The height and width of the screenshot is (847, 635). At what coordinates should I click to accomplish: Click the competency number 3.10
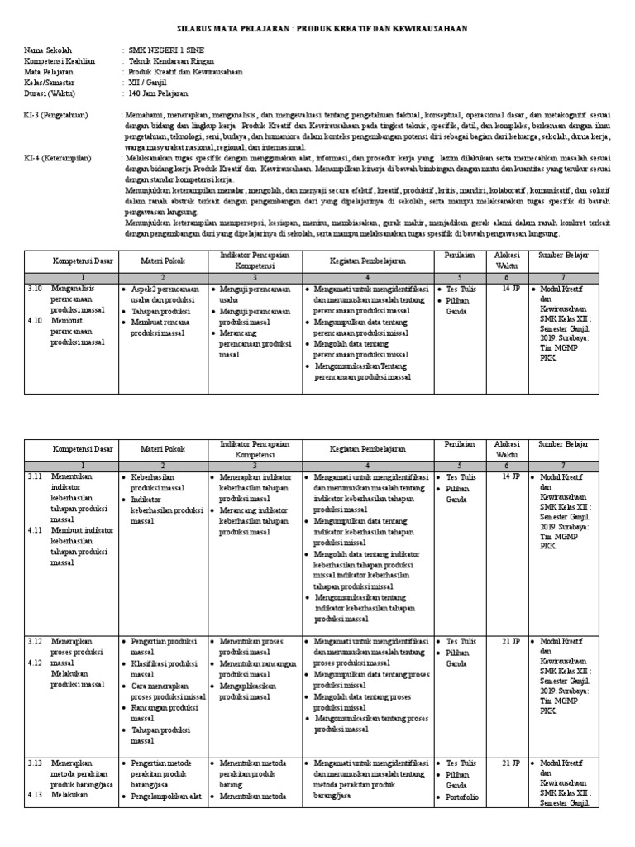point(34,289)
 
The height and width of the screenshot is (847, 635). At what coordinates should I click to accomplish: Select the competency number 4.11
point(34,530)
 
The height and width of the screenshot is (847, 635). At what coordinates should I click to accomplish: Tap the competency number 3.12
point(34,641)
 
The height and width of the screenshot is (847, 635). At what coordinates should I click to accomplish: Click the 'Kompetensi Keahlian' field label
point(60,61)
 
